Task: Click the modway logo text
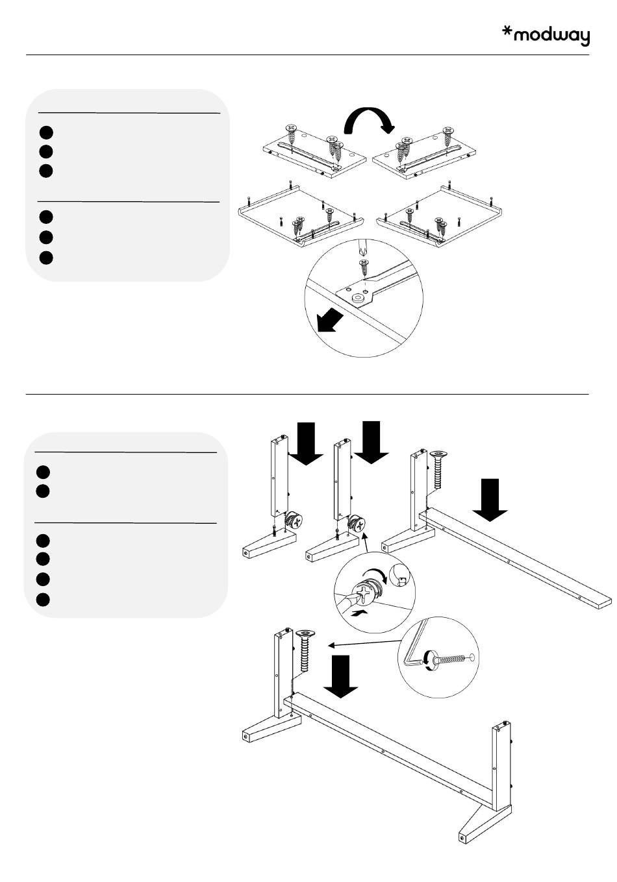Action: (x=551, y=36)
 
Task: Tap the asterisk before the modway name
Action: (x=508, y=32)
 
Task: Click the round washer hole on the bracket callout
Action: (x=357, y=299)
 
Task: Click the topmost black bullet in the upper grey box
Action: (x=45, y=132)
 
